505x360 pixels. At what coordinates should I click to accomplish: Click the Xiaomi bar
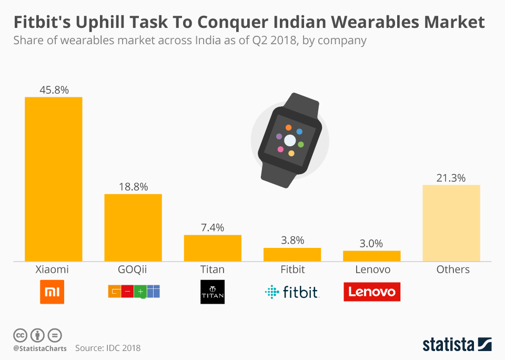point(54,179)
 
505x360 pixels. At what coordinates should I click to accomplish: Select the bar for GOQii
point(133,227)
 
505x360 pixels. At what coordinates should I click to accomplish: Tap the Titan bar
point(213,248)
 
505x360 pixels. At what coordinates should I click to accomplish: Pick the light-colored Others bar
point(451,223)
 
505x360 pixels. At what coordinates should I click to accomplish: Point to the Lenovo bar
point(371,256)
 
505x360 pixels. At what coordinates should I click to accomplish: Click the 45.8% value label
point(54,90)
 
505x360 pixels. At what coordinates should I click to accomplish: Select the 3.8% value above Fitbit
point(292,241)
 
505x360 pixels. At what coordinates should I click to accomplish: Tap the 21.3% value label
point(451,178)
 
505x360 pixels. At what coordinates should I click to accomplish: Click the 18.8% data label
point(133,187)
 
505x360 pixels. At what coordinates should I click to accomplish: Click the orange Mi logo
point(52,292)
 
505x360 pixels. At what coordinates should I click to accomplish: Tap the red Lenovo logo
point(372,292)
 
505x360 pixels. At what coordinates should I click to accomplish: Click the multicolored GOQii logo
point(134,291)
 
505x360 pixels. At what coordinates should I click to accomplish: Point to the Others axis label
point(453,269)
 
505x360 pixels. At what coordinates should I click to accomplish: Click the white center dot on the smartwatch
point(290,140)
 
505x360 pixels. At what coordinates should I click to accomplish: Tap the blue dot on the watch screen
point(299,131)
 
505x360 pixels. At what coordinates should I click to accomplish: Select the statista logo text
point(448,345)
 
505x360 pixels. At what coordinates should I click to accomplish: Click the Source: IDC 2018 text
point(108,348)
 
